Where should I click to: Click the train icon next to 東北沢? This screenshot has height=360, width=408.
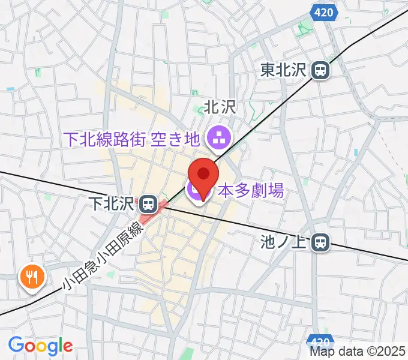tap(320, 71)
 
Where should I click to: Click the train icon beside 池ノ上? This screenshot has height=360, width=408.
tap(321, 242)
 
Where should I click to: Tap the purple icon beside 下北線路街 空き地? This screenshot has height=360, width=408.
tap(215, 140)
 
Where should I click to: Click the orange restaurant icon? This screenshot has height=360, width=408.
tap(31, 277)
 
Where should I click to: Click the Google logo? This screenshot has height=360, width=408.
tap(40, 346)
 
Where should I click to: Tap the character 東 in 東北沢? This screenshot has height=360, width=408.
tap(268, 71)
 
